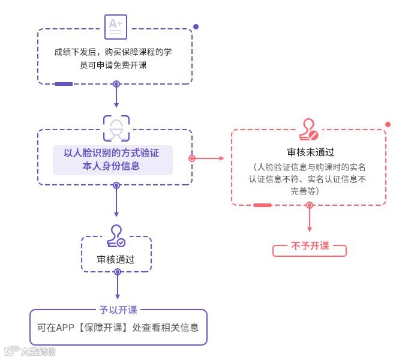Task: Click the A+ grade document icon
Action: (116, 26)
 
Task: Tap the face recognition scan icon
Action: (116, 128)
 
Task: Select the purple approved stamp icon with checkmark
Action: (116, 236)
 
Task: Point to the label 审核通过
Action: (116, 260)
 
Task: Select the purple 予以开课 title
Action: (118, 310)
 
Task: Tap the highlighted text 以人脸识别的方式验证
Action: (112, 153)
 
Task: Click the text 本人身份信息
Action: (112, 166)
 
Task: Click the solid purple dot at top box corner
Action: (196, 27)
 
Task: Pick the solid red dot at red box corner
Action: (388, 125)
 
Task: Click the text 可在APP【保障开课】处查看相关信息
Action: (118, 328)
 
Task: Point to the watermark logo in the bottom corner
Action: (30, 351)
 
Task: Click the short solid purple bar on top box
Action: (64, 84)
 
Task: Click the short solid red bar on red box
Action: (262, 205)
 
